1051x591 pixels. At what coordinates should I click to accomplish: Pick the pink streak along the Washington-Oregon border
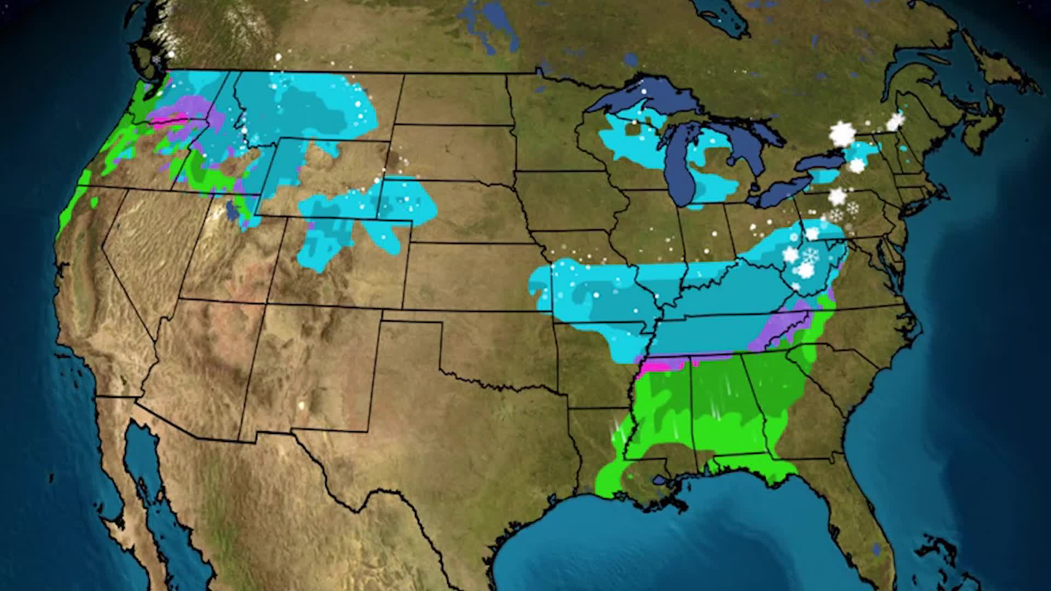pyautogui.click(x=170, y=120)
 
